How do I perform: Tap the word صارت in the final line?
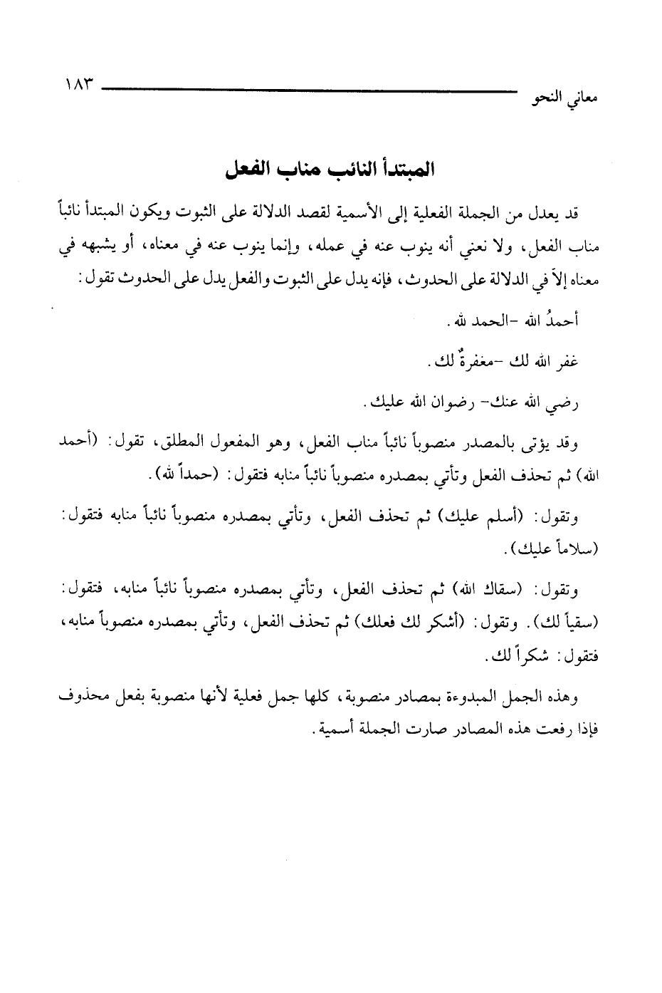click(x=432, y=730)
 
